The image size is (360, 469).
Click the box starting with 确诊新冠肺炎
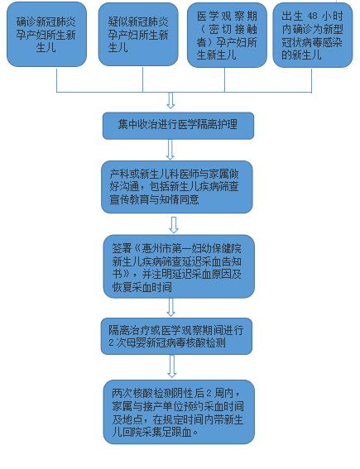[x=46, y=34]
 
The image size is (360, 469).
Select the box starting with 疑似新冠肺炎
[x=138, y=34]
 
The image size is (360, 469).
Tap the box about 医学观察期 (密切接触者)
[x=227, y=35]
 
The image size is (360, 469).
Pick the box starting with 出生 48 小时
[x=313, y=35]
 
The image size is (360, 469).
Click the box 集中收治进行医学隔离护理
[x=178, y=126]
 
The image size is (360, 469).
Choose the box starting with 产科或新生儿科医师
[x=177, y=187]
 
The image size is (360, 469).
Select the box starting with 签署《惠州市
[x=179, y=266]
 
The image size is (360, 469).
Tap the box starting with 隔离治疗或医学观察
[x=176, y=336]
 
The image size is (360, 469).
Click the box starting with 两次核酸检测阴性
[x=179, y=412]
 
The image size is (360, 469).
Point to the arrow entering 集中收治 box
[x=170, y=100]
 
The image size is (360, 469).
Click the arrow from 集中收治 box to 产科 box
[x=170, y=149]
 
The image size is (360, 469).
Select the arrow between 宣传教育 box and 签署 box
[x=174, y=225]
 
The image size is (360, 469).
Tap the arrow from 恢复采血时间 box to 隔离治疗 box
[x=170, y=307]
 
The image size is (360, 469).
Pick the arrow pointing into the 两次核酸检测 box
[x=172, y=366]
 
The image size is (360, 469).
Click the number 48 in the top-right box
[x=312, y=17]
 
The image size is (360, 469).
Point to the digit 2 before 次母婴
[x=112, y=342]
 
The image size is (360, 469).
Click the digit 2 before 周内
[x=209, y=393]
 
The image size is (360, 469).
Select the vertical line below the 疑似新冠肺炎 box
[x=142, y=79]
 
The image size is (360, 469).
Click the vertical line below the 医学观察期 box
[x=225, y=80]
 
